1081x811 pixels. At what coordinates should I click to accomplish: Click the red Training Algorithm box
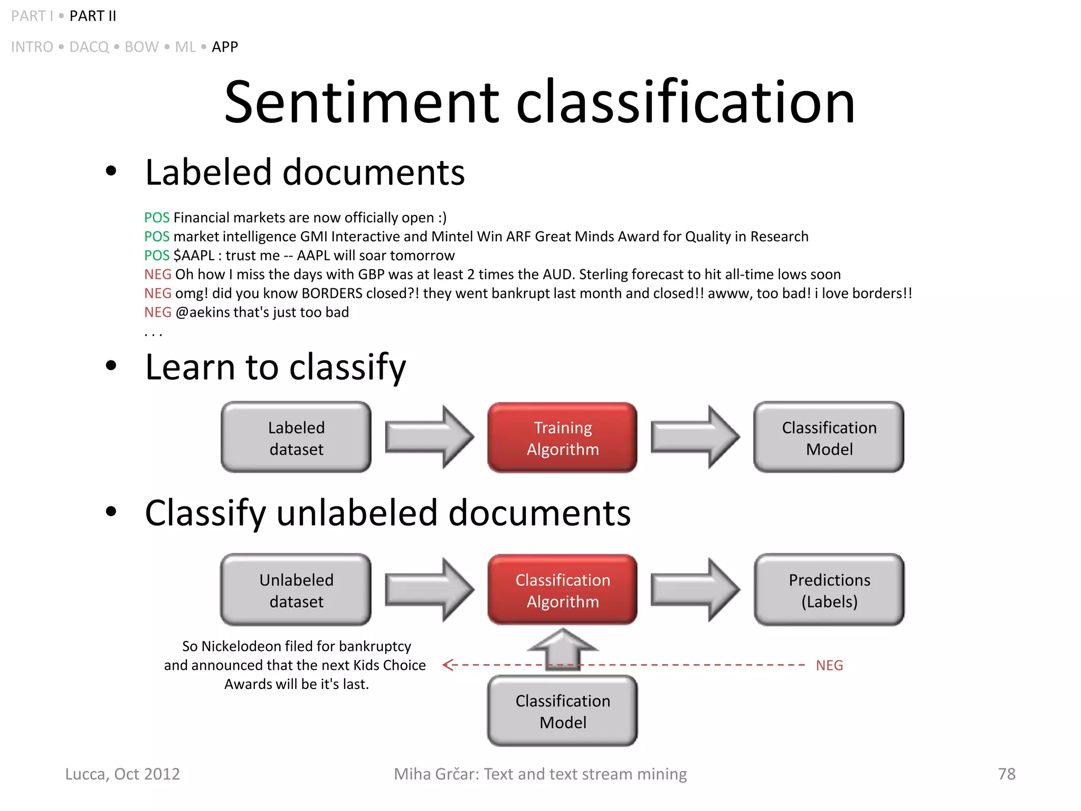coord(562,438)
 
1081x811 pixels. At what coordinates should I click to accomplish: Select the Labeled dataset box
coord(296,438)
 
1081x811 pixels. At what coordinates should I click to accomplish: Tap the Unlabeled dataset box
coord(296,590)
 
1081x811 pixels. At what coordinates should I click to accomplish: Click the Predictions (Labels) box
coord(829,590)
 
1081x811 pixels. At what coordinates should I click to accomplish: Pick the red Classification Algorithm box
coord(562,590)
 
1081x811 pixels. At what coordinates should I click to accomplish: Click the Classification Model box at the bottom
coord(562,711)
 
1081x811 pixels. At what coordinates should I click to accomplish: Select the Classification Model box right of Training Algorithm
coord(829,438)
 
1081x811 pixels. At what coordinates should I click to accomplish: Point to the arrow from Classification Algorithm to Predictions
coord(695,589)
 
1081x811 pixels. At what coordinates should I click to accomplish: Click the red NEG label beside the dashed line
coord(829,665)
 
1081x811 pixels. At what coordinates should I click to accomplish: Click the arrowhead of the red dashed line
coord(449,665)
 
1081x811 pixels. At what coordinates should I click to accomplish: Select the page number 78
coord(1006,774)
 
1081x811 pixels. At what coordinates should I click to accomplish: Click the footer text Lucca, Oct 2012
coord(122,774)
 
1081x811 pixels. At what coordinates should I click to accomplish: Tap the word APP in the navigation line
coord(225,47)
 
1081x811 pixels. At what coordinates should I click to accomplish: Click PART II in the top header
coord(93,16)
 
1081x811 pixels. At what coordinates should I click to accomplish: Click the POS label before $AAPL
coord(157,256)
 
